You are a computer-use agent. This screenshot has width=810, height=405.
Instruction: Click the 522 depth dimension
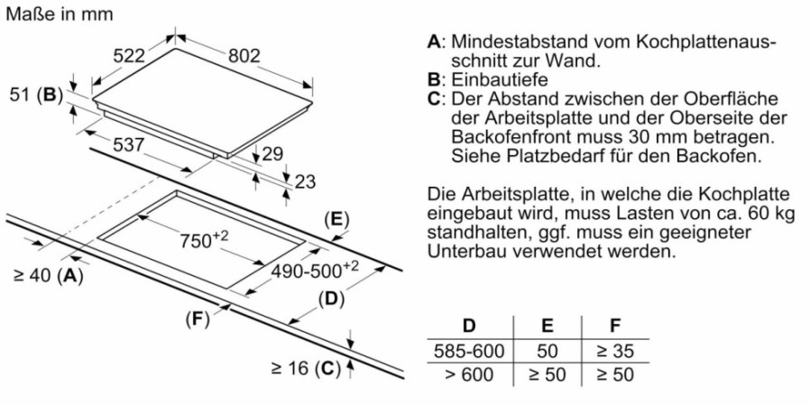click(x=129, y=55)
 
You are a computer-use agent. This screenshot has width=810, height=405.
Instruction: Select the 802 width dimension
click(x=244, y=55)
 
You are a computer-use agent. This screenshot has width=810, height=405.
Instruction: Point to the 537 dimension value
click(x=127, y=145)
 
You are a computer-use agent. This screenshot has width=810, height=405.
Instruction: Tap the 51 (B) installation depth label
click(x=36, y=95)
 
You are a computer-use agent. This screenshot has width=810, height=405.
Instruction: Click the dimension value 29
click(x=273, y=153)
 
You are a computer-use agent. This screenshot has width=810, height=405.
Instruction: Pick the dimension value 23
click(x=304, y=181)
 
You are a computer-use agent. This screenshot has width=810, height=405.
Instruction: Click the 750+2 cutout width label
click(x=204, y=239)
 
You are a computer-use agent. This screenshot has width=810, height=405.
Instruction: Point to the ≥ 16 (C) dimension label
click(x=306, y=369)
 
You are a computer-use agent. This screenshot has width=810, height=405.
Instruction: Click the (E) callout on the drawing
click(x=336, y=220)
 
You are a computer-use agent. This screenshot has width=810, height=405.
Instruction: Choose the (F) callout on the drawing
click(x=198, y=320)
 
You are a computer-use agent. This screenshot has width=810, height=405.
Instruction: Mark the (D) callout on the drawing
click(x=331, y=299)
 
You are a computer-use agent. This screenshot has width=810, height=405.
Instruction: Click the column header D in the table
click(x=469, y=326)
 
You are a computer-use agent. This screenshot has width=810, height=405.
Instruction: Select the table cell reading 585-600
click(x=469, y=352)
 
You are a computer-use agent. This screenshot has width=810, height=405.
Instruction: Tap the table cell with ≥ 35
click(x=615, y=352)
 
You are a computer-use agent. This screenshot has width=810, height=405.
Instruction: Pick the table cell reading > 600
click(x=469, y=374)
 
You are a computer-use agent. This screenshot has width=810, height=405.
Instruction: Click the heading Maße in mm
click(x=60, y=14)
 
